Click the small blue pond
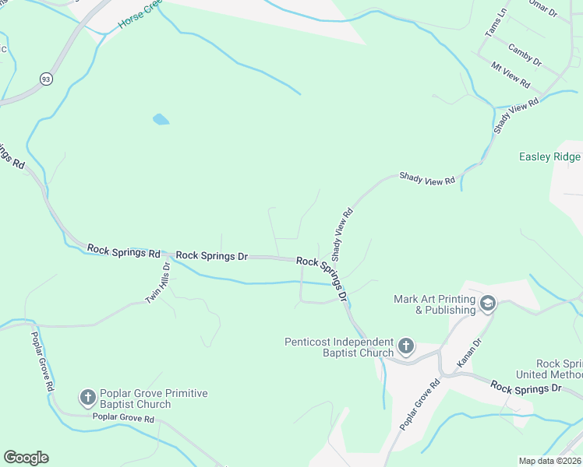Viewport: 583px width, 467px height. click(x=161, y=119)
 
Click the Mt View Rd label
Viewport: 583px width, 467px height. click(x=511, y=74)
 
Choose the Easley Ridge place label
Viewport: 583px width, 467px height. click(x=550, y=156)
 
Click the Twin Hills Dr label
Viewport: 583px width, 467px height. click(x=157, y=286)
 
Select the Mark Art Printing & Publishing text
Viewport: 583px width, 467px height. click(x=435, y=304)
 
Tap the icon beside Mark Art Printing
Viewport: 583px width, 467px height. click(x=488, y=303)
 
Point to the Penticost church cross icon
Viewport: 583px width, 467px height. click(x=405, y=346)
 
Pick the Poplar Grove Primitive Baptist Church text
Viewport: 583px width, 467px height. click(x=147, y=399)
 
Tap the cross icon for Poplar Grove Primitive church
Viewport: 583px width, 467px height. click(x=87, y=398)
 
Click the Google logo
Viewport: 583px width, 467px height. click(x=26, y=458)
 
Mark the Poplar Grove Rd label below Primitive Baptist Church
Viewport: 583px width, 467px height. click(x=124, y=419)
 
